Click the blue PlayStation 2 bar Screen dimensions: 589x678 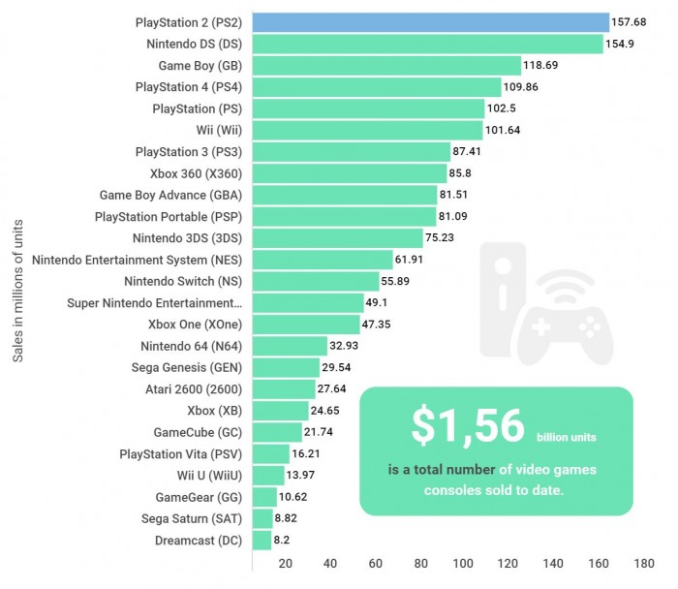pyautogui.click(x=430, y=21)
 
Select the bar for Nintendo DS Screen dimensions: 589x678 pyautogui.click(x=427, y=44)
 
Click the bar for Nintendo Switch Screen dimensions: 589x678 pyautogui.click(x=316, y=281)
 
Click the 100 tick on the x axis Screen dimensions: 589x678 pyautogui.click(x=463, y=564)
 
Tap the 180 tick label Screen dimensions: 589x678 pyautogui.click(x=642, y=564)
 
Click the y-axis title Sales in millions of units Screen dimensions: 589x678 pyautogui.click(x=18, y=292)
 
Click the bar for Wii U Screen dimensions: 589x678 pyautogui.click(x=268, y=475)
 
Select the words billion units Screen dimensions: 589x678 pyautogui.click(x=568, y=438)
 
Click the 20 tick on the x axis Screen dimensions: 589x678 pyautogui.click(x=285, y=564)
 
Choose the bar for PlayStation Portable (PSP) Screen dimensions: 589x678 pyautogui.click(x=343, y=216)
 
